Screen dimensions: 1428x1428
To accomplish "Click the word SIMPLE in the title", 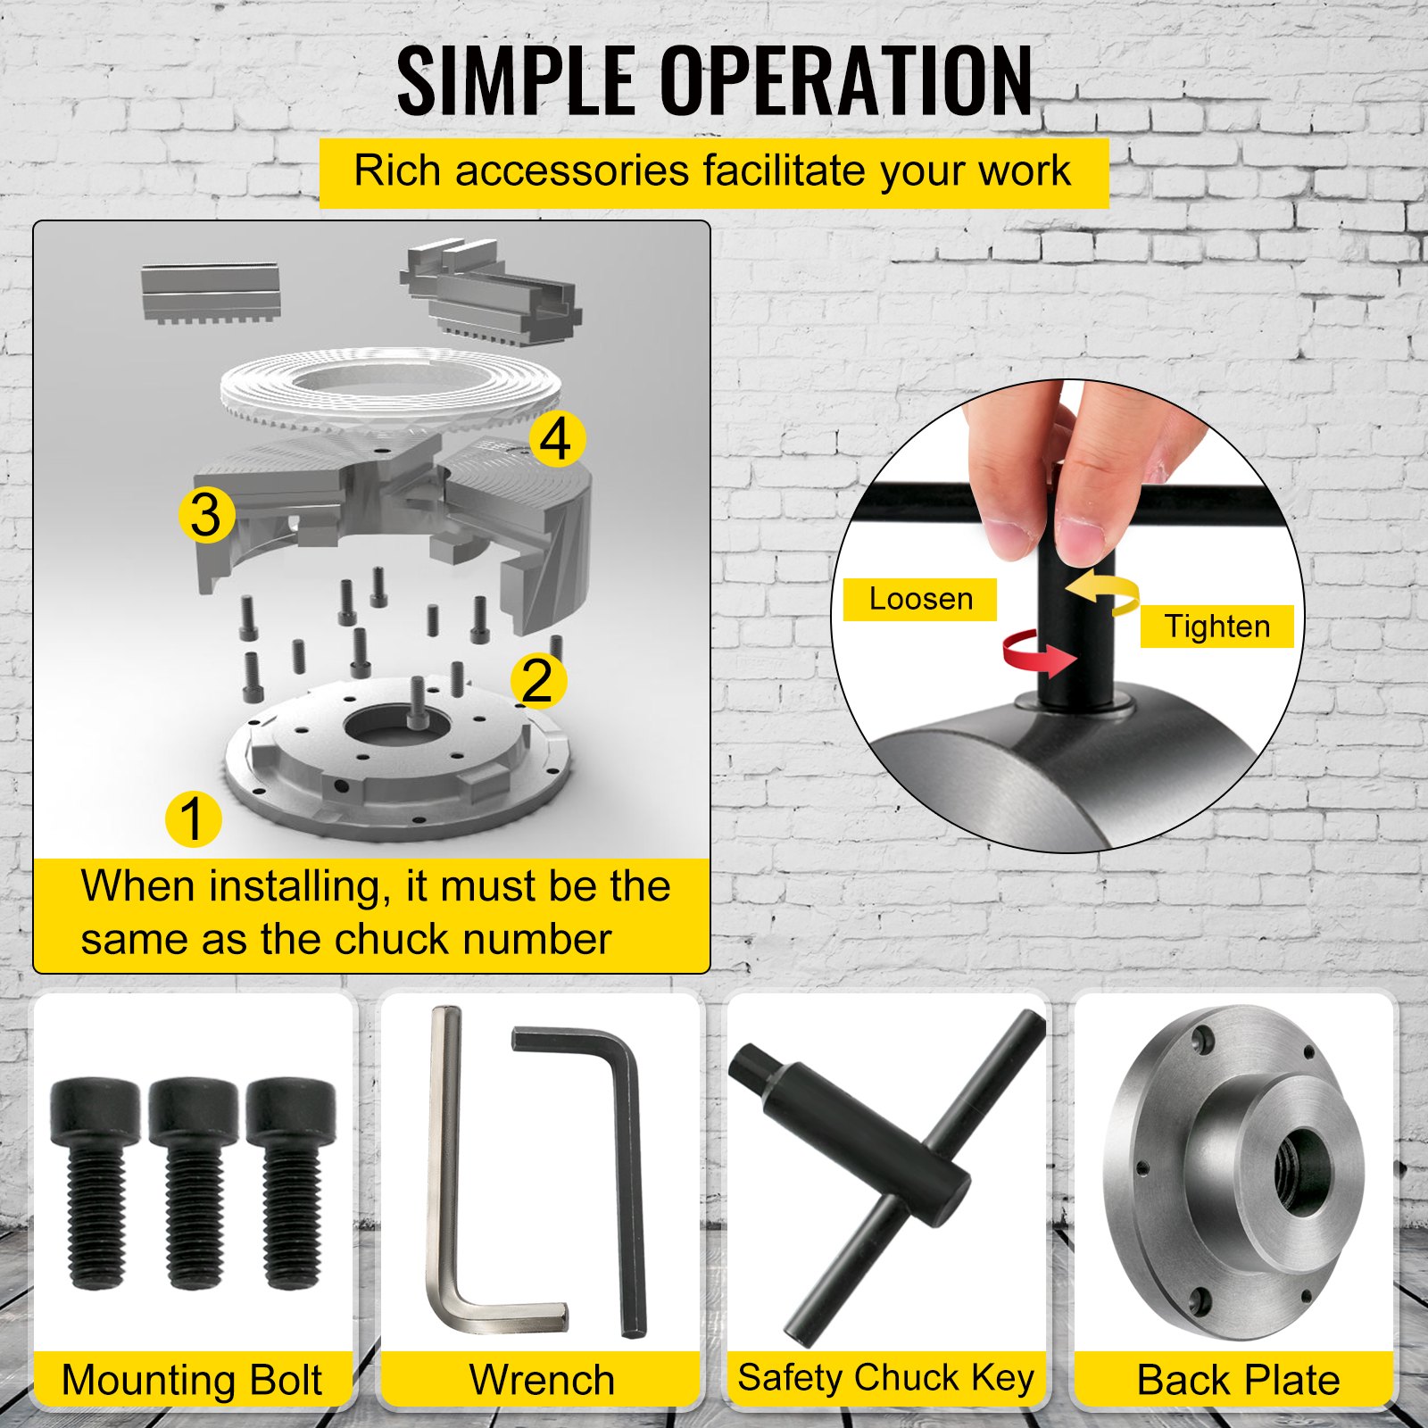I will [515, 82].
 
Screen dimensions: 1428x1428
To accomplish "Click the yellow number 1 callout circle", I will [193, 818].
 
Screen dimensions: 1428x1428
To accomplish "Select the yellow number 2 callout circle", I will [537, 681].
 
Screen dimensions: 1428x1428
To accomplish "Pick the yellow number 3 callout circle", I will [206, 515].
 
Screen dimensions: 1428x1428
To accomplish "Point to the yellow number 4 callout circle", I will [557, 438].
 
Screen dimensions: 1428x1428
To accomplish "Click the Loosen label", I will [920, 599].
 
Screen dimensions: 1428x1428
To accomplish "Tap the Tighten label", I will [1216, 627].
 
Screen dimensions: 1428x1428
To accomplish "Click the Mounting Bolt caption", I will [192, 1380].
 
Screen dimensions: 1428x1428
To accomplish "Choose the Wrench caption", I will [542, 1380].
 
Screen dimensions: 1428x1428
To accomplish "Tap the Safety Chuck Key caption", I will [885, 1378].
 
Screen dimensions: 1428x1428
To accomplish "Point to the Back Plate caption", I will [1238, 1380].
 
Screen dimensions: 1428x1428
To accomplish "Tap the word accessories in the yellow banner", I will [572, 171].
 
